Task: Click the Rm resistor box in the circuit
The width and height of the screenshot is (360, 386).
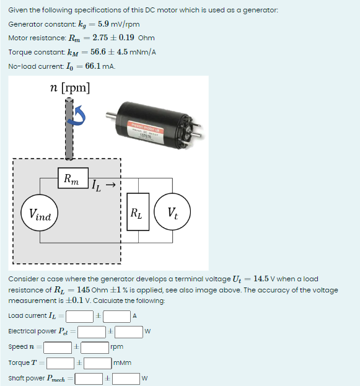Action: (72, 179)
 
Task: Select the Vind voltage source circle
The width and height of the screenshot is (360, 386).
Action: (40, 214)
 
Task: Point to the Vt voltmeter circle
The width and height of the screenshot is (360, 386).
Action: (172, 214)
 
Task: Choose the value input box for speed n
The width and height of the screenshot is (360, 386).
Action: (58, 346)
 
